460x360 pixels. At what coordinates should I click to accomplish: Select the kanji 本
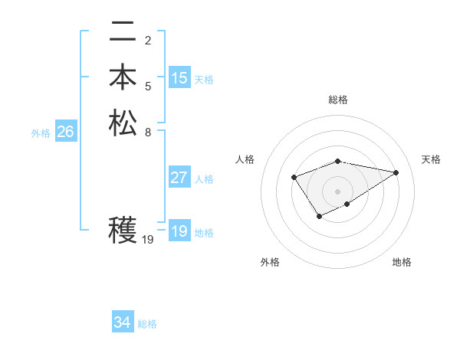(123, 77)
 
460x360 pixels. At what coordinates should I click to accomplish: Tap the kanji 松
(123, 123)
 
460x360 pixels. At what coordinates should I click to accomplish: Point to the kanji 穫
(123, 230)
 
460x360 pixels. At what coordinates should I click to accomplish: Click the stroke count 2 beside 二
(148, 40)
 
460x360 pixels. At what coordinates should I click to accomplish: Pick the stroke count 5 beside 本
(148, 86)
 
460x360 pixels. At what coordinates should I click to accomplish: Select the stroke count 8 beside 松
(148, 131)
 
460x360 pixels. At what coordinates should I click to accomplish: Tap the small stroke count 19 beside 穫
(149, 240)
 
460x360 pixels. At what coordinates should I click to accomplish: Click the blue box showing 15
(179, 78)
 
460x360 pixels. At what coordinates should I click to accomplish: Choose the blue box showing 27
(179, 178)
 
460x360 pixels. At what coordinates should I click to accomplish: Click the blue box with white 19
(179, 231)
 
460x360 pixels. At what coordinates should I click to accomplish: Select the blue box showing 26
(65, 132)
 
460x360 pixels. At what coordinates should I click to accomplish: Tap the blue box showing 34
(122, 322)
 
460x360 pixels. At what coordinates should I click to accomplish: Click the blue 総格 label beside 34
(147, 324)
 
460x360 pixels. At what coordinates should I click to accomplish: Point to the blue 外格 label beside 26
(41, 133)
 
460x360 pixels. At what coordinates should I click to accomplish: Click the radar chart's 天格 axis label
(432, 159)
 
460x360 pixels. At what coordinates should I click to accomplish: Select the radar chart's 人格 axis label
(245, 159)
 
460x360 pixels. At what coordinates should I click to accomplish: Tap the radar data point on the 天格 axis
(396, 172)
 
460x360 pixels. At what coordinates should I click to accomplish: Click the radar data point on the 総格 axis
(338, 161)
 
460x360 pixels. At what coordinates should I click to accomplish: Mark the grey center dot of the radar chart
(338, 191)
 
